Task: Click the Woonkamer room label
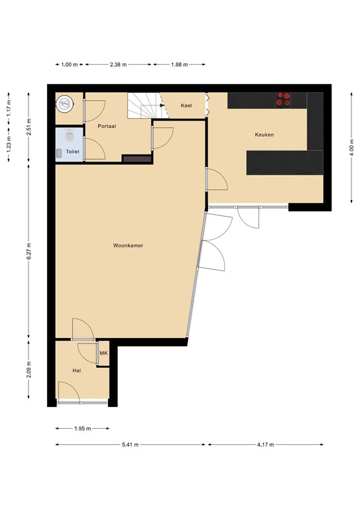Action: [128, 245]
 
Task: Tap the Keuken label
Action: [265, 135]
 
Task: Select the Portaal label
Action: [107, 125]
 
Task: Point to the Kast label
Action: [186, 105]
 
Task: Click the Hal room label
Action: [77, 370]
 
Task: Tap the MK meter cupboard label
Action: [103, 354]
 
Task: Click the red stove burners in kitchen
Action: [283, 99]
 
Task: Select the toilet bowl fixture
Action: [68, 137]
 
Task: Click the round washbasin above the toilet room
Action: [65, 103]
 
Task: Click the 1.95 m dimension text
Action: [82, 428]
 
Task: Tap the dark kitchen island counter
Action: [284, 162]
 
